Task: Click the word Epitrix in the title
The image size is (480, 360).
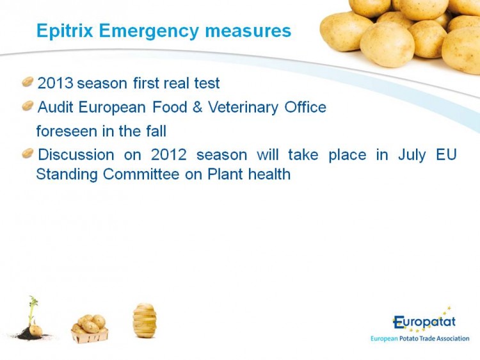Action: [65, 31]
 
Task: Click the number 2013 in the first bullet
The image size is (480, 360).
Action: [56, 83]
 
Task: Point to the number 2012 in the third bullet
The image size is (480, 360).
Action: [169, 154]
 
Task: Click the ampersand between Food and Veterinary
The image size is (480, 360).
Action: [198, 107]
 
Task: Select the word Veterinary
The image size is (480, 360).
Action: [243, 108]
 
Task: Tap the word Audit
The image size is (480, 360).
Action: [56, 107]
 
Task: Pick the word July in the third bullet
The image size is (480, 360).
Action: [412, 155]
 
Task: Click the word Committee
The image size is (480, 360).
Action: [141, 174]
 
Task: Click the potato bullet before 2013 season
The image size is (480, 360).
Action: [28, 82]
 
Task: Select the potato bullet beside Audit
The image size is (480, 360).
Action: [28, 106]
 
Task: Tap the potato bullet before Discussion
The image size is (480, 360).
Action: [28, 153]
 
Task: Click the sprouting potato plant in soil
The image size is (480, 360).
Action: [32, 318]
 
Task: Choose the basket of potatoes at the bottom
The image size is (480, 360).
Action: [90, 329]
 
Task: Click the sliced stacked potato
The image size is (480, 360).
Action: [145, 320]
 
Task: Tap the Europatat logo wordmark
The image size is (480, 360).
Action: [424, 321]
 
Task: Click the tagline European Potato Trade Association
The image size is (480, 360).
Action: [420, 339]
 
